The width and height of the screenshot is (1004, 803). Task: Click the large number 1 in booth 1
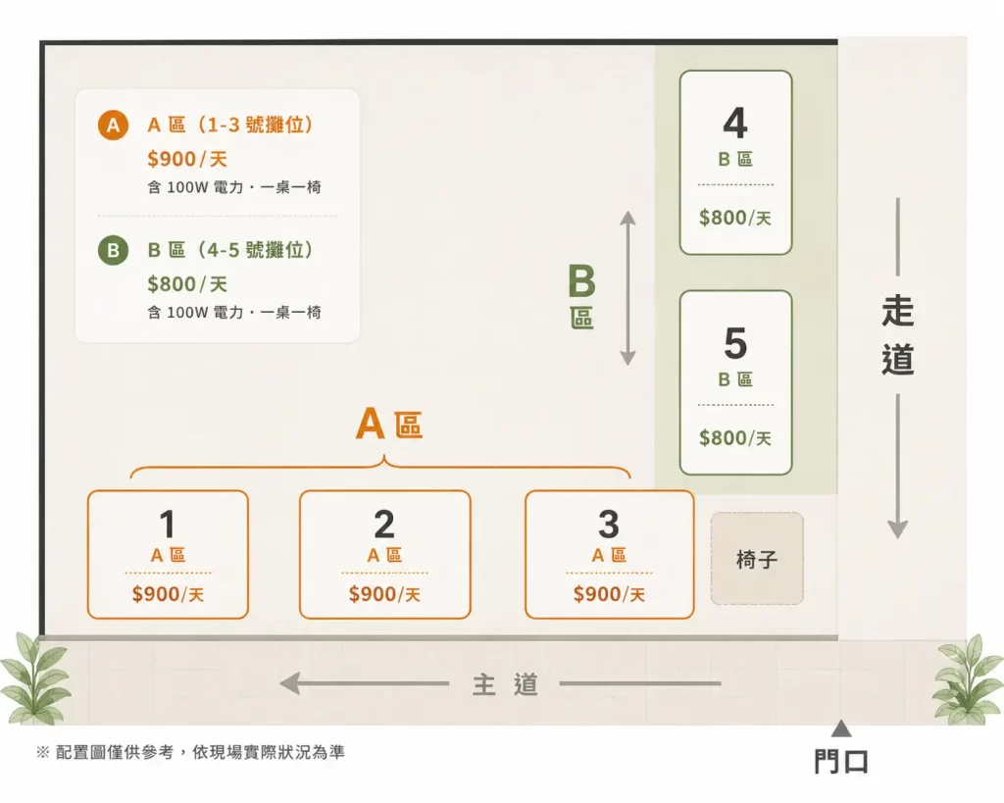168,524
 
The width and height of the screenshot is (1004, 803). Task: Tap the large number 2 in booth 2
384,524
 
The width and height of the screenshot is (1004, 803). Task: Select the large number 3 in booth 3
609,524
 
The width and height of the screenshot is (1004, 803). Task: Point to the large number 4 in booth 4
735,123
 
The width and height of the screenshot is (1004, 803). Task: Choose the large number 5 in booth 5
735,343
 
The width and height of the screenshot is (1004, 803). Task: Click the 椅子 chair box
757,559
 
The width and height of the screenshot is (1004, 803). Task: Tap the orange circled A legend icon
114,125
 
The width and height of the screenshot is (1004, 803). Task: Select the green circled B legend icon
114,250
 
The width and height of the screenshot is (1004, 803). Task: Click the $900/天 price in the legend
187,159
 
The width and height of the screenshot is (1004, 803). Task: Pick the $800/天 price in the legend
187,283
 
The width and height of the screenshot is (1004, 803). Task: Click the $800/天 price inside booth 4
735,218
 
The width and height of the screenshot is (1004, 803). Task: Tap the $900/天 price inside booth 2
384,594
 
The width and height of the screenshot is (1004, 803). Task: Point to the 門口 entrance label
841,762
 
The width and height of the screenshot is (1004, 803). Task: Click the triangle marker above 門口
841,728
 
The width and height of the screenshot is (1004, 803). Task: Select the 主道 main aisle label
505,684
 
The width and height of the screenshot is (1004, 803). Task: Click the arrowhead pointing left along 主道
290,683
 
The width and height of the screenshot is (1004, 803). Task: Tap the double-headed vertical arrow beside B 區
628,287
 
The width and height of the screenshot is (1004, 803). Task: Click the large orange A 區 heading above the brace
388,424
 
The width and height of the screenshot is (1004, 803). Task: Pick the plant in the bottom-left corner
35,678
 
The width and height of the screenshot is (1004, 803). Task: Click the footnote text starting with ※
190,752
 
